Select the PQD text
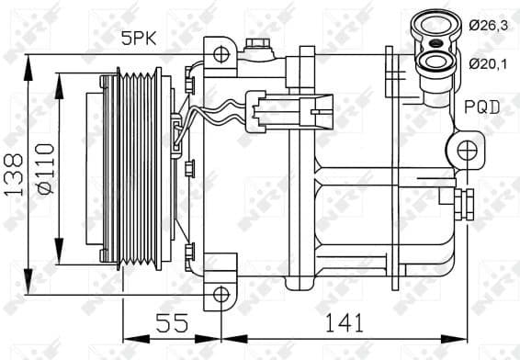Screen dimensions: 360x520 coord(481,107)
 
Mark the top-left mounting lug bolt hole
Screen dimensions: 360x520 coord(219,52)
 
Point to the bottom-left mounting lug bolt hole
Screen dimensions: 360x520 coord(220,294)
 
